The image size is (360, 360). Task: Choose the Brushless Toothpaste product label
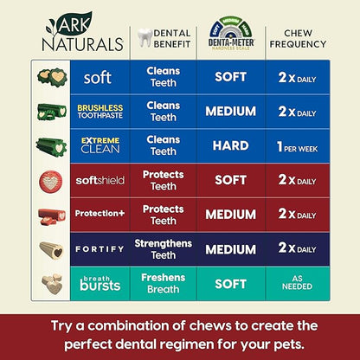coord(98,112)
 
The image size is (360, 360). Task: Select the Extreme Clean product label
coord(98,145)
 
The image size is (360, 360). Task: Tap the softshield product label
coord(98,180)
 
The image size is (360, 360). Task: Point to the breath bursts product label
coord(98,282)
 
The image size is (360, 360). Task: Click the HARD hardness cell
coord(231,145)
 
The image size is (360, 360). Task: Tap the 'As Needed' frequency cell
coord(299,282)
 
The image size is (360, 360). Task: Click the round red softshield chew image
coord(51,180)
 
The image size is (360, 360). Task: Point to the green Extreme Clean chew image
coord(51,145)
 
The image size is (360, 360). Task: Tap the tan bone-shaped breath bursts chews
coord(51,283)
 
